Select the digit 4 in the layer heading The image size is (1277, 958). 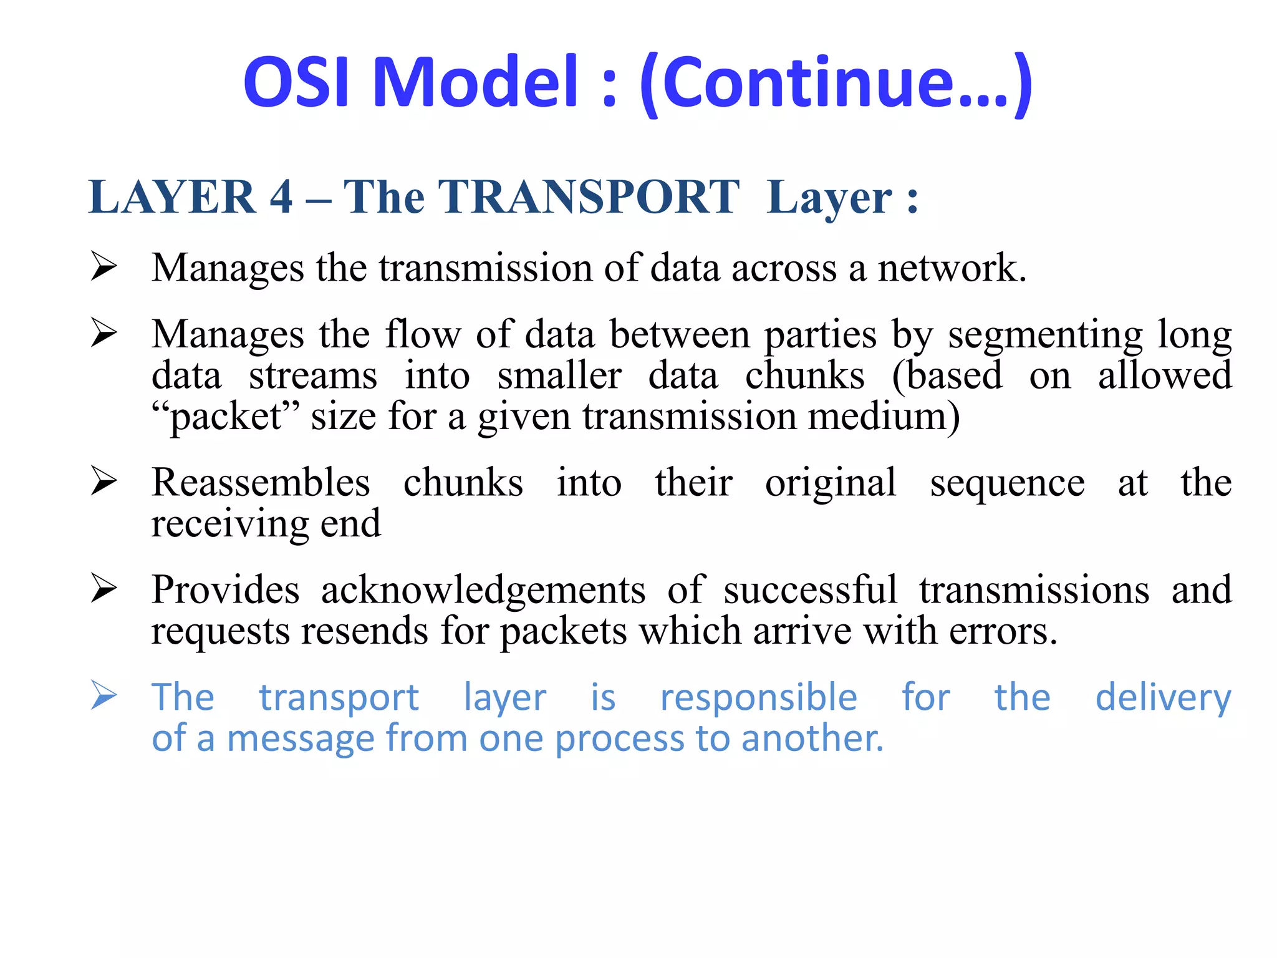click(281, 197)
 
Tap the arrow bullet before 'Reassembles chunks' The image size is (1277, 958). click(104, 481)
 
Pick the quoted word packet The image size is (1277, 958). click(226, 417)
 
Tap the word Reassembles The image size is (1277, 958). click(261, 483)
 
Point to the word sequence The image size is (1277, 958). click(1007, 484)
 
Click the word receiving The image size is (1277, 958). click(230, 524)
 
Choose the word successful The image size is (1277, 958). click(811, 590)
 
